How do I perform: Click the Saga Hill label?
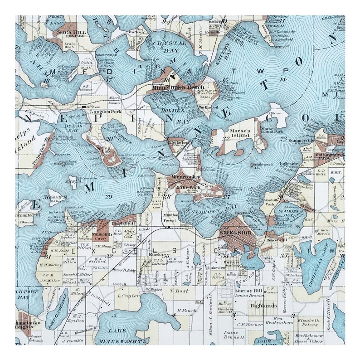coord(71,33)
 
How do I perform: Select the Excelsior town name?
coord(235,233)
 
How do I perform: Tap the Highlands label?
coord(263,306)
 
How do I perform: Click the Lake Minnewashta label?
coord(123,336)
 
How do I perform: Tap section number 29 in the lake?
coord(108,196)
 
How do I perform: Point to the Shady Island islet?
coord(59,196)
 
